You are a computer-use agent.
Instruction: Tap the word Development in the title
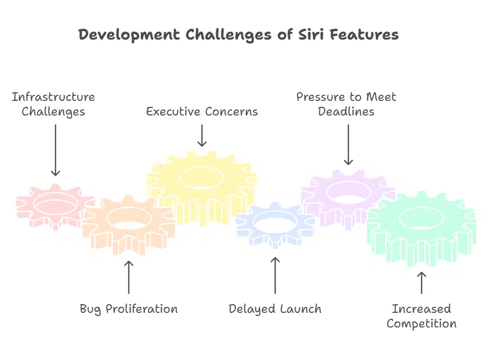[x=129, y=35]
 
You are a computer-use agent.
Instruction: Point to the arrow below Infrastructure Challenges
[x=56, y=150]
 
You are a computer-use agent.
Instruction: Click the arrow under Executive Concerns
[x=202, y=136]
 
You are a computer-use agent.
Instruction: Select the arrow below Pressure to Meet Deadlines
[x=348, y=145]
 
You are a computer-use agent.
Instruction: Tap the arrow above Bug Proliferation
[x=129, y=277]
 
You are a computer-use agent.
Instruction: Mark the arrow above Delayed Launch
[x=275, y=275]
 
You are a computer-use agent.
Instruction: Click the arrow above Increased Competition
[x=421, y=283]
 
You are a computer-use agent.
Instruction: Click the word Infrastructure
[x=53, y=97]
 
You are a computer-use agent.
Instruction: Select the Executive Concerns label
[x=202, y=112]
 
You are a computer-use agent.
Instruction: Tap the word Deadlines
[x=346, y=112]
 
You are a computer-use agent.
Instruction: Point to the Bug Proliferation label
[x=129, y=309]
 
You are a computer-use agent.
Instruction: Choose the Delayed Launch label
[x=275, y=309]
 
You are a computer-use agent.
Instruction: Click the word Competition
[x=421, y=324]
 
